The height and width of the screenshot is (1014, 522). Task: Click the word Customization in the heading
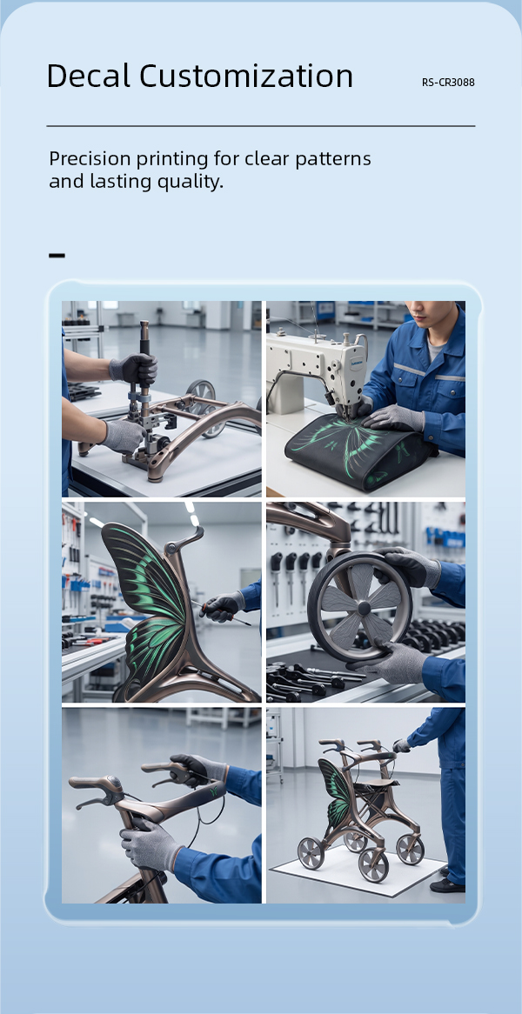[x=246, y=76]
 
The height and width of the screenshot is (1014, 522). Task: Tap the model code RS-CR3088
[x=448, y=83]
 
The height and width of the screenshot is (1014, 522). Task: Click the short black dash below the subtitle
[x=57, y=256]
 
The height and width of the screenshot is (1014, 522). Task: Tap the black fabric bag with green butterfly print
[x=361, y=450]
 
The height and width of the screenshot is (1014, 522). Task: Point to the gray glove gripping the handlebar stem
[x=150, y=846]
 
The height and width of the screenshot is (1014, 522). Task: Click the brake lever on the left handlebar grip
[x=90, y=801]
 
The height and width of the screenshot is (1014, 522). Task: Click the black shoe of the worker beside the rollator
[x=447, y=884]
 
